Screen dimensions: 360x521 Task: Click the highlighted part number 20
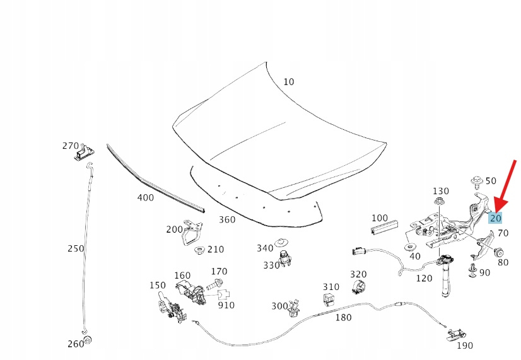[x=496, y=218]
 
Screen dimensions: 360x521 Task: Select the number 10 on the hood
[x=288, y=81]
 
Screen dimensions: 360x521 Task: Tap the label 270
[x=70, y=146]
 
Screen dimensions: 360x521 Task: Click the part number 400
[x=146, y=197]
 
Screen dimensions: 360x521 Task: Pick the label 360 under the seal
[x=226, y=219]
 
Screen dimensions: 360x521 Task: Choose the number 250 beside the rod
[x=76, y=248]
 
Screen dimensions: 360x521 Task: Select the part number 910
[x=226, y=305]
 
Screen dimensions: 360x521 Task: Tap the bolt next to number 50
[x=477, y=183]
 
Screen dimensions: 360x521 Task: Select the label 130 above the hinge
[x=440, y=190]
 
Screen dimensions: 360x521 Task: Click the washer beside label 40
[x=411, y=245]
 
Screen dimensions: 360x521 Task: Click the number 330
[x=271, y=265]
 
